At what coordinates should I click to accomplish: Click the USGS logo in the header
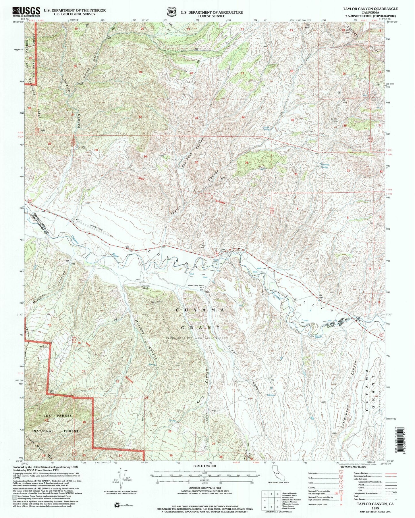pyautogui.click(x=26, y=11)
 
